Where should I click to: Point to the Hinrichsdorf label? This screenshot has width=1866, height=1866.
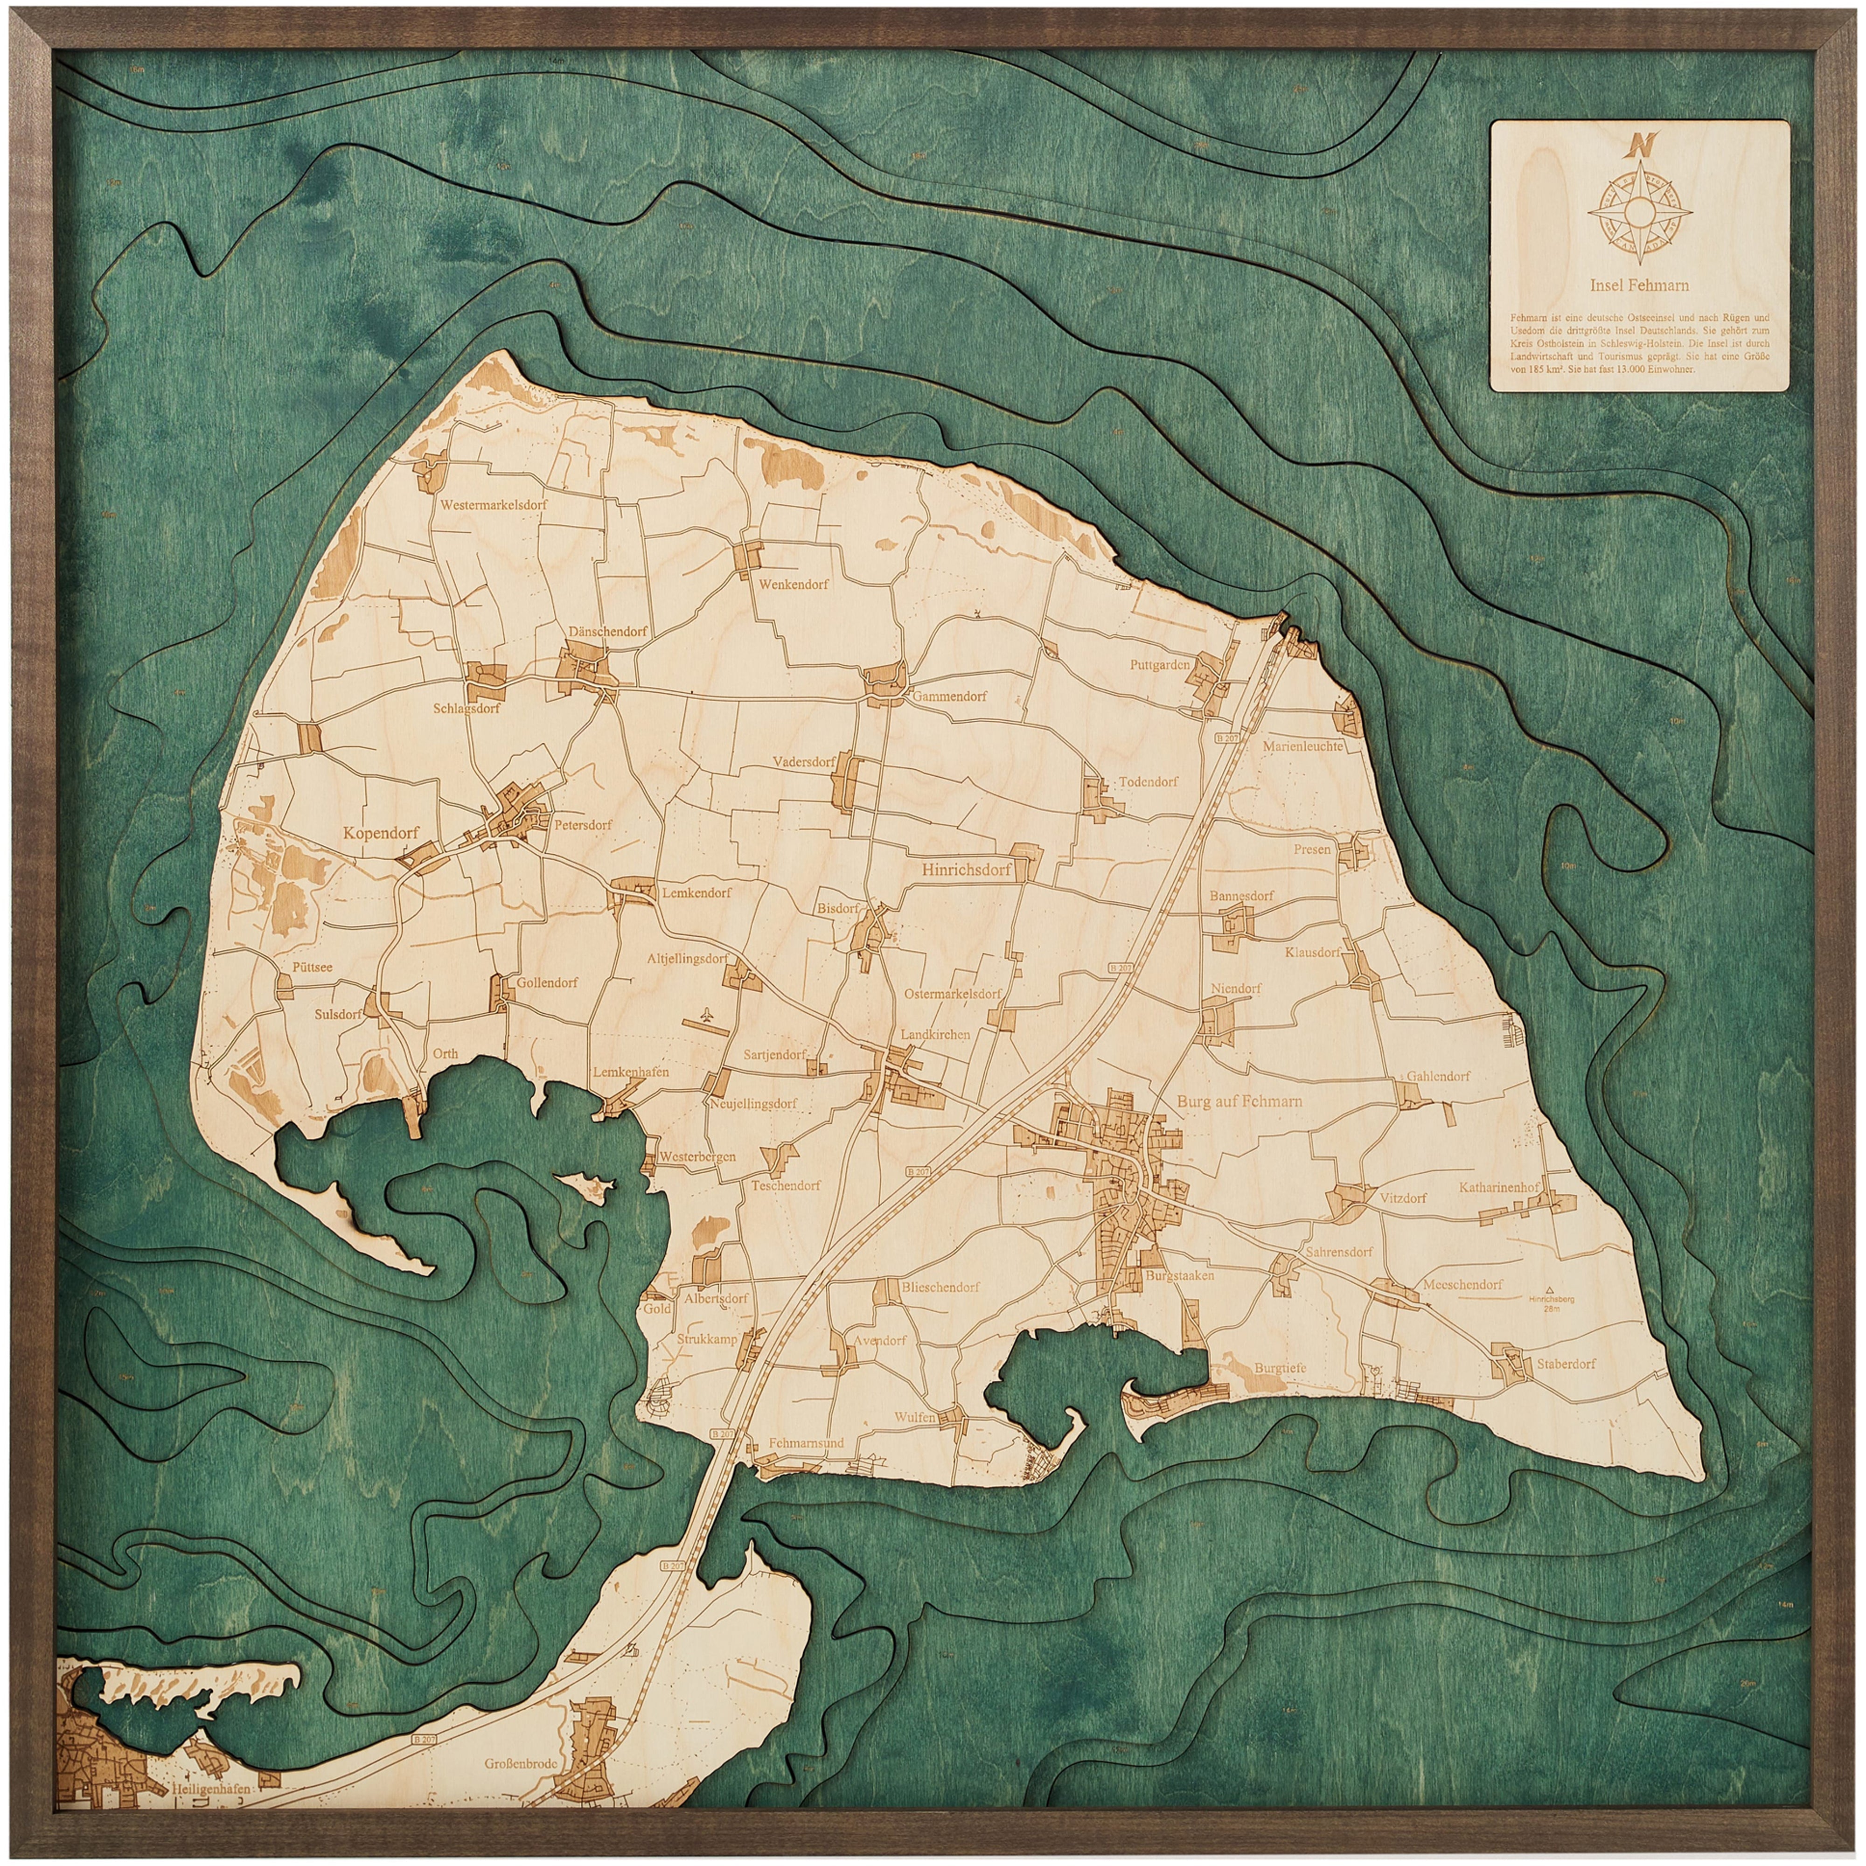pos(966,869)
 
